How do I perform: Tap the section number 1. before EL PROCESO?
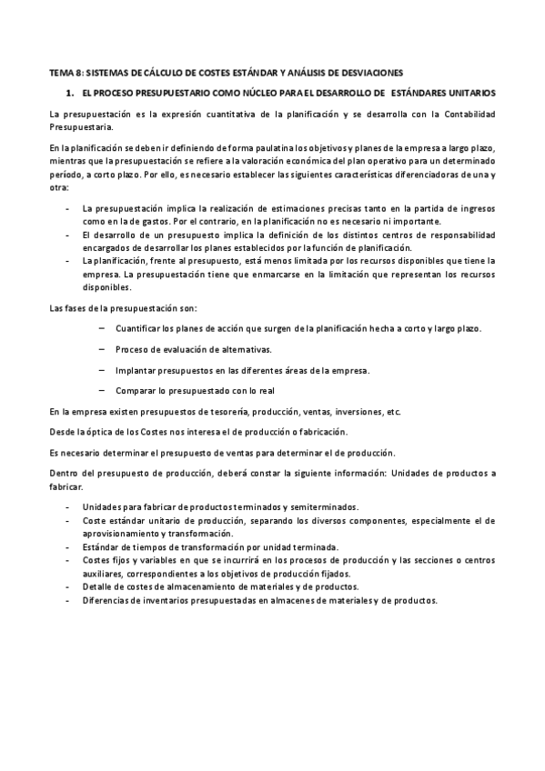pos(68,93)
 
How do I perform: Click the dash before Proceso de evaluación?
pos(100,349)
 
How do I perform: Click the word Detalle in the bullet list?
pos(96,587)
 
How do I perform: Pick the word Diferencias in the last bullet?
pos(105,600)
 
